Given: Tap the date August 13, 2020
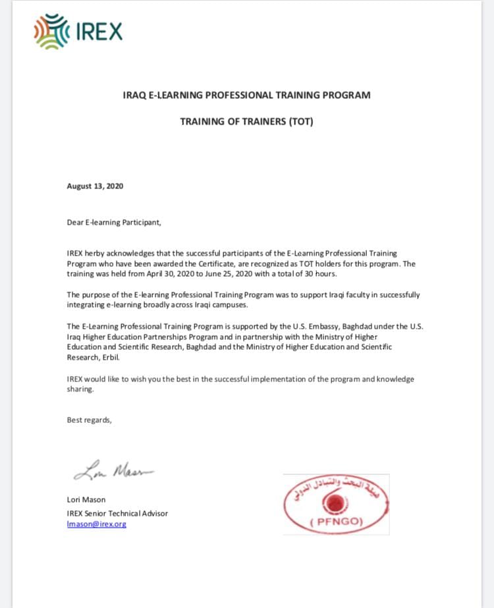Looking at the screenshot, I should pyautogui.click(x=95, y=186).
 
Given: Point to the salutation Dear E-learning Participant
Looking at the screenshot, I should pyautogui.click(x=114, y=223).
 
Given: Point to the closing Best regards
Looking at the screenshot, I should pyautogui.click(x=89, y=420).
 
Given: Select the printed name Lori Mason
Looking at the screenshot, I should pyautogui.click(x=86, y=499).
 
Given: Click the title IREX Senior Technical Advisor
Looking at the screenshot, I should pyautogui.click(x=117, y=513).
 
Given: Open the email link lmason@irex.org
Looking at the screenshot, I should pyautogui.click(x=96, y=524).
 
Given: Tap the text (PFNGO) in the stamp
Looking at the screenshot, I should pyautogui.click(x=336, y=523).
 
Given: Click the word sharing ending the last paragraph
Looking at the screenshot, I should pyautogui.click(x=80, y=389).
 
